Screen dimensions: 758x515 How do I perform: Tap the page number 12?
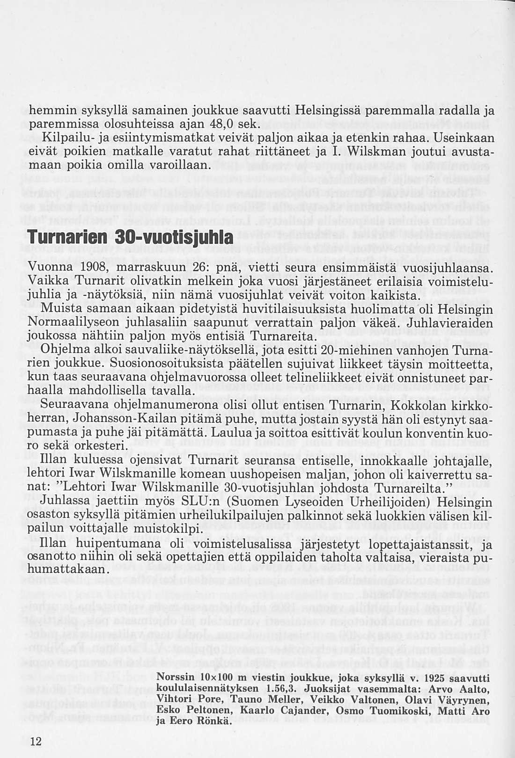[x=36, y=741]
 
